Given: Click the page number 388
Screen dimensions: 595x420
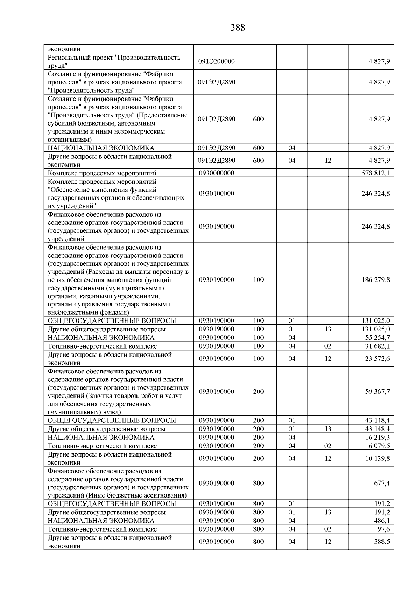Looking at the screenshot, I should point(238,28).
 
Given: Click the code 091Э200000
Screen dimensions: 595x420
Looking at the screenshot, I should point(217,61).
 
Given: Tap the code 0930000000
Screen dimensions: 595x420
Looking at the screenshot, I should point(217,173).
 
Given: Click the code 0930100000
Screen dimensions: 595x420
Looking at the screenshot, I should point(217,194).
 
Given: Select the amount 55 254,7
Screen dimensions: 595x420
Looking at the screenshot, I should point(377,338).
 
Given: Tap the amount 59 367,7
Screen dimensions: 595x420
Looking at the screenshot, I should point(377,392).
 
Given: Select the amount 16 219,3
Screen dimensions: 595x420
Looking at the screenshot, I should point(377,438).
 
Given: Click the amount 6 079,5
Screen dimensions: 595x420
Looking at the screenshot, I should point(379,446).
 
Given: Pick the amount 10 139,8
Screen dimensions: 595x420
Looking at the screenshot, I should point(377,458).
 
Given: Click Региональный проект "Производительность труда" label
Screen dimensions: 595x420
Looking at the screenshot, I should point(114,61).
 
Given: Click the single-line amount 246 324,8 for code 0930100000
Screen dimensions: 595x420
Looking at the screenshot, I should point(376,194).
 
